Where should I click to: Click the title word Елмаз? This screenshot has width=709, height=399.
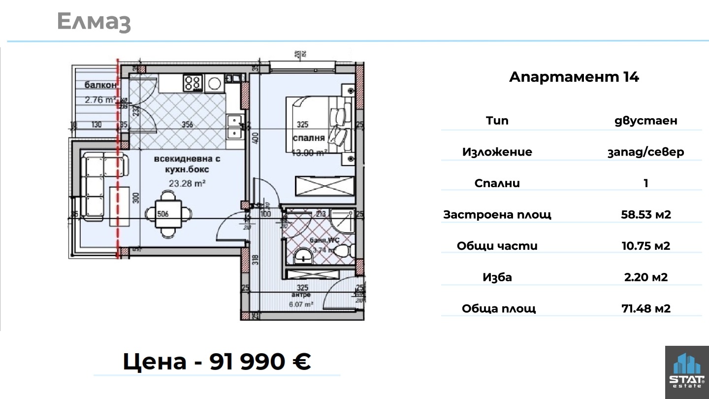(94, 22)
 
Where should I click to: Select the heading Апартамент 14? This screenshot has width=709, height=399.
(574, 77)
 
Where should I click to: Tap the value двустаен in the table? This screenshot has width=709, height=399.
(645, 121)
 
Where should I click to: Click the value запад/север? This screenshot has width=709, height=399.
(645, 152)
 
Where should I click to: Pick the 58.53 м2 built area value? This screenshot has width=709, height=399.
(646, 214)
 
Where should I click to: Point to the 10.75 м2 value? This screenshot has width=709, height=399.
(646, 246)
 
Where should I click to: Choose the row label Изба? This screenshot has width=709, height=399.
(497, 277)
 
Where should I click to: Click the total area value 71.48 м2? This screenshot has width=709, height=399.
(646, 309)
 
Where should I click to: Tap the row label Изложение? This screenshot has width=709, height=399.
(497, 152)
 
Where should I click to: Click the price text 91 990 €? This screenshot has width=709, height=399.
(260, 362)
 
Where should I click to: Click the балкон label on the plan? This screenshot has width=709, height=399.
(100, 85)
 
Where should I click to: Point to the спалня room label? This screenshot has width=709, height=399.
(309, 138)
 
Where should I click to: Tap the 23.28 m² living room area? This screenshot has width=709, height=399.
(187, 184)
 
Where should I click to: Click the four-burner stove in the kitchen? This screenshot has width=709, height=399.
(193, 82)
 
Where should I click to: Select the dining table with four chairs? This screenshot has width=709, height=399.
(168, 214)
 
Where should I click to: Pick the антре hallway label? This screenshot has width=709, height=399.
(301, 295)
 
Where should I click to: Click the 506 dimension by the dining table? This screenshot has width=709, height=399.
(163, 214)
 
